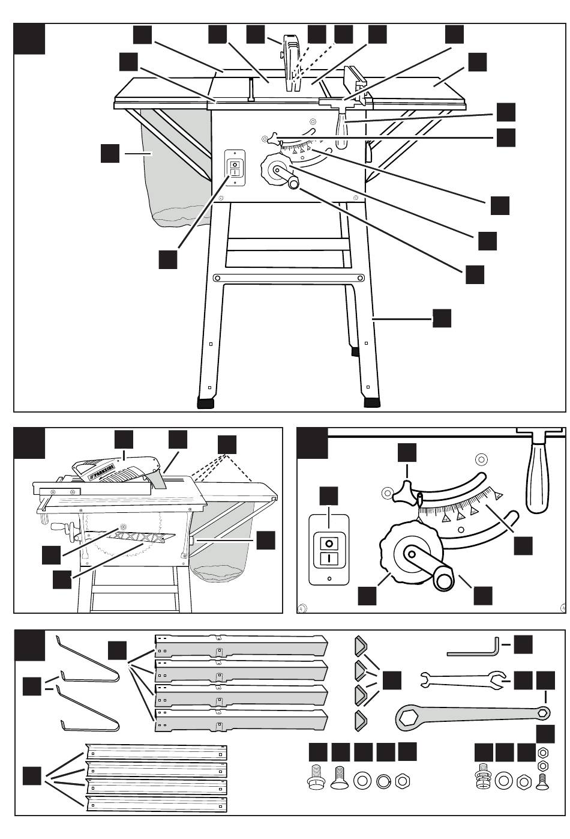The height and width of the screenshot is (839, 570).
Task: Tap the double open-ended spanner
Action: [x=462, y=679]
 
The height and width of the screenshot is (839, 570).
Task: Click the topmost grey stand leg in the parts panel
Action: [x=240, y=646]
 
